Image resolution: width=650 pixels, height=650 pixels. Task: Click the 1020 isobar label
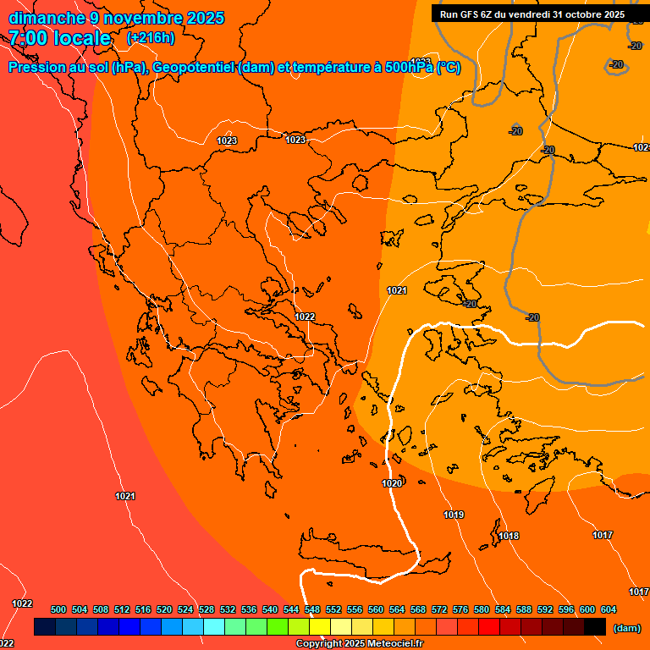pyautogui.click(x=392, y=483)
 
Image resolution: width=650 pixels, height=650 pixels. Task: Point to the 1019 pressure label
pyautogui.click(x=454, y=515)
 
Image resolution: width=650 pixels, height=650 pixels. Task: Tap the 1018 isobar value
pyautogui.click(x=509, y=536)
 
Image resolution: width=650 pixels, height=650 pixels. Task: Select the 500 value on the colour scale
pyautogui.click(x=58, y=609)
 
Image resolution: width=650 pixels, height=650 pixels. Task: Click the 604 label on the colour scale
pyautogui.click(x=609, y=609)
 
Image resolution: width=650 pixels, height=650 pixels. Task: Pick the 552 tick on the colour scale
pyautogui.click(x=333, y=609)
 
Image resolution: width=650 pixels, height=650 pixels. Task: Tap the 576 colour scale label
pyautogui.click(x=460, y=609)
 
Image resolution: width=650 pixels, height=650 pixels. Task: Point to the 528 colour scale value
pyautogui.click(x=207, y=609)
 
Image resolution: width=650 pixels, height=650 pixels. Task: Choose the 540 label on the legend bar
pyautogui.click(x=270, y=609)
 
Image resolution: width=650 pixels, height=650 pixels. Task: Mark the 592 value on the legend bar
pyautogui.click(x=545, y=609)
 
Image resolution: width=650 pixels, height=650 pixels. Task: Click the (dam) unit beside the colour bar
pyautogui.click(x=626, y=628)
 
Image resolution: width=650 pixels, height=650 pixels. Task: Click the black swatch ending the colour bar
pyautogui.click(x=595, y=627)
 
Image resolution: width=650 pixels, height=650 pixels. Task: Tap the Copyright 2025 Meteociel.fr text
pyautogui.click(x=360, y=644)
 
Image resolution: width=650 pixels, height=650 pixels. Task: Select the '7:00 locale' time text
pyautogui.click(x=60, y=38)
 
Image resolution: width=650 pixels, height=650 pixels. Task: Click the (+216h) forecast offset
pyautogui.click(x=150, y=38)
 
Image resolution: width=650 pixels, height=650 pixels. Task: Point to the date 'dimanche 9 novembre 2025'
pyautogui.click(x=116, y=18)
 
